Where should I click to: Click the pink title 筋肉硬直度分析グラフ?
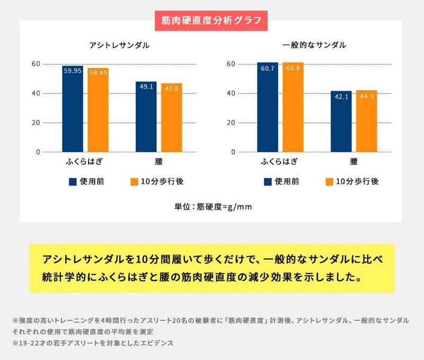[x=211, y=23]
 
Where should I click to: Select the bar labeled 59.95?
[x=72, y=109]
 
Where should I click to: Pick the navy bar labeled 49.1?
[x=146, y=117]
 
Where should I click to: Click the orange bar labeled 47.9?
[x=171, y=118]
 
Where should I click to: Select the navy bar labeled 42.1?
[x=341, y=121]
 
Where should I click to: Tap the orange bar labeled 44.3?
[x=366, y=121]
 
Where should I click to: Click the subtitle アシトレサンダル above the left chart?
[x=119, y=45]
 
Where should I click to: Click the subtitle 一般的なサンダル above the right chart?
[x=315, y=45]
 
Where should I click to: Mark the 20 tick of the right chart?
[x=231, y=123]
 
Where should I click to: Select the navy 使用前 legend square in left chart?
[x=73, y=182]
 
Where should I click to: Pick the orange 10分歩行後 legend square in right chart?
[x=329, y=182]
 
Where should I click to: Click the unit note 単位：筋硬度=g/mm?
[x=213, y=206]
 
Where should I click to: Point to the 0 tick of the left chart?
[x=38, y=152]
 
